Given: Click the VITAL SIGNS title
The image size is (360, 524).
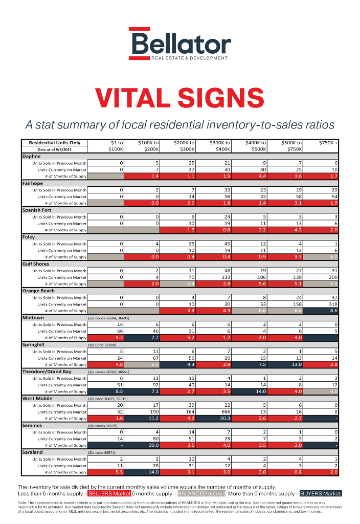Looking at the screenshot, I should [x=179, y=98].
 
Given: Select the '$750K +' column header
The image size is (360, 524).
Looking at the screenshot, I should [x=328, y=143].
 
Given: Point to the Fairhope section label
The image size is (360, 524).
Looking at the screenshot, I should [x=33, y=183].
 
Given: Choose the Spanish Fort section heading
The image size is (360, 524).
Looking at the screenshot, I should [x=37, y=210].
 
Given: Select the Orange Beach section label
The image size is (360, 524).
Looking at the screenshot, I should [x=38, y=291].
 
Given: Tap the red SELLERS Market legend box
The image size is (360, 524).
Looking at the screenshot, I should [x=109, y=493].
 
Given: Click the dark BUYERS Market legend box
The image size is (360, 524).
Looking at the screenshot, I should [x=320, y=493].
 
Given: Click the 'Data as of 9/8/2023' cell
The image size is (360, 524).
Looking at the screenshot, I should [x=55, y=149].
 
